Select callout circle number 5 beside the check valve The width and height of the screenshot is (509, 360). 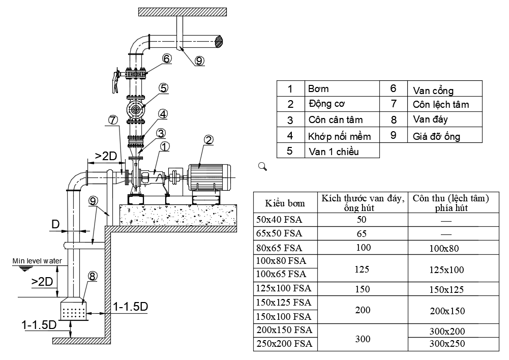(163, 88)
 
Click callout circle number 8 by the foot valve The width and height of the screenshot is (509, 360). (92, 277)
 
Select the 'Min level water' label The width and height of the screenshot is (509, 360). (37, 261)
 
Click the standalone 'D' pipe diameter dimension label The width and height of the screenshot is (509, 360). (55, 224)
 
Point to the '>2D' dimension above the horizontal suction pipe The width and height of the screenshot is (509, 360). (106, 156)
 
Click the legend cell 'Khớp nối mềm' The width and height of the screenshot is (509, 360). (339, 136)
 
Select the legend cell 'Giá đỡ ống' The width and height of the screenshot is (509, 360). (436, 136)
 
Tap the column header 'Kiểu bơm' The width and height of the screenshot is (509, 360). (285, 203)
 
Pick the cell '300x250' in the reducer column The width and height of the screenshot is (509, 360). (447, 344)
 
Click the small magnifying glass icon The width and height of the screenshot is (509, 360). (262, 166)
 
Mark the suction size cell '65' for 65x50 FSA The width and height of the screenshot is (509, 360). (362, 234)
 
